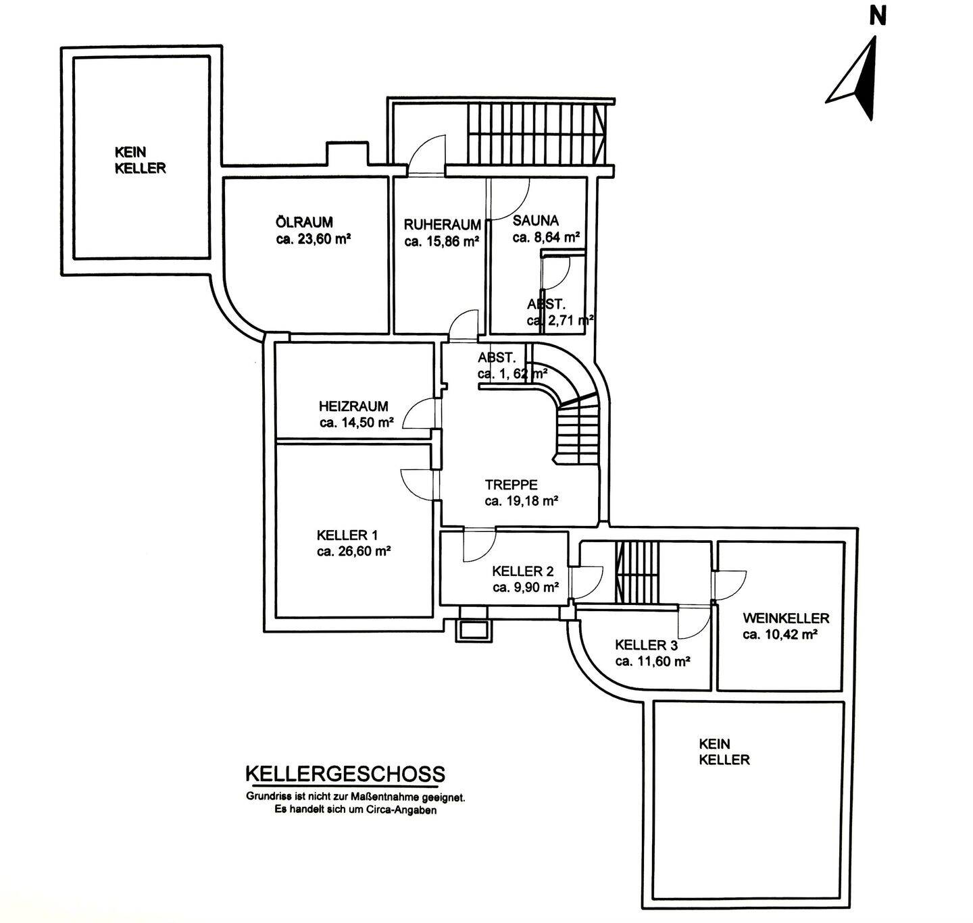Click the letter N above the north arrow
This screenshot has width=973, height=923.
878,16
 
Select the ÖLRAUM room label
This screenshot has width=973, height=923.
304,222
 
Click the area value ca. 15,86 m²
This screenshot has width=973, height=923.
442,241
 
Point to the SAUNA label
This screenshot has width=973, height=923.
536,221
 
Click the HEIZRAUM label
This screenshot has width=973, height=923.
353,406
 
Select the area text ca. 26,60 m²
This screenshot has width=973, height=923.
354,551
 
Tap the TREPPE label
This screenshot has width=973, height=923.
511,485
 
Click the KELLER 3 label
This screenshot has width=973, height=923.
647,645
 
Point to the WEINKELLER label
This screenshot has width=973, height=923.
786,618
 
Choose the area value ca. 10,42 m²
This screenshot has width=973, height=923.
780,635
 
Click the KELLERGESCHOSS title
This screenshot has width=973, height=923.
345,774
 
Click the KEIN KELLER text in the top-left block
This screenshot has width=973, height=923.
140,161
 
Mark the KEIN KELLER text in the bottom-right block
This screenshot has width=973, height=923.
724,751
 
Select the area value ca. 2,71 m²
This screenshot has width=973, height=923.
560,320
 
